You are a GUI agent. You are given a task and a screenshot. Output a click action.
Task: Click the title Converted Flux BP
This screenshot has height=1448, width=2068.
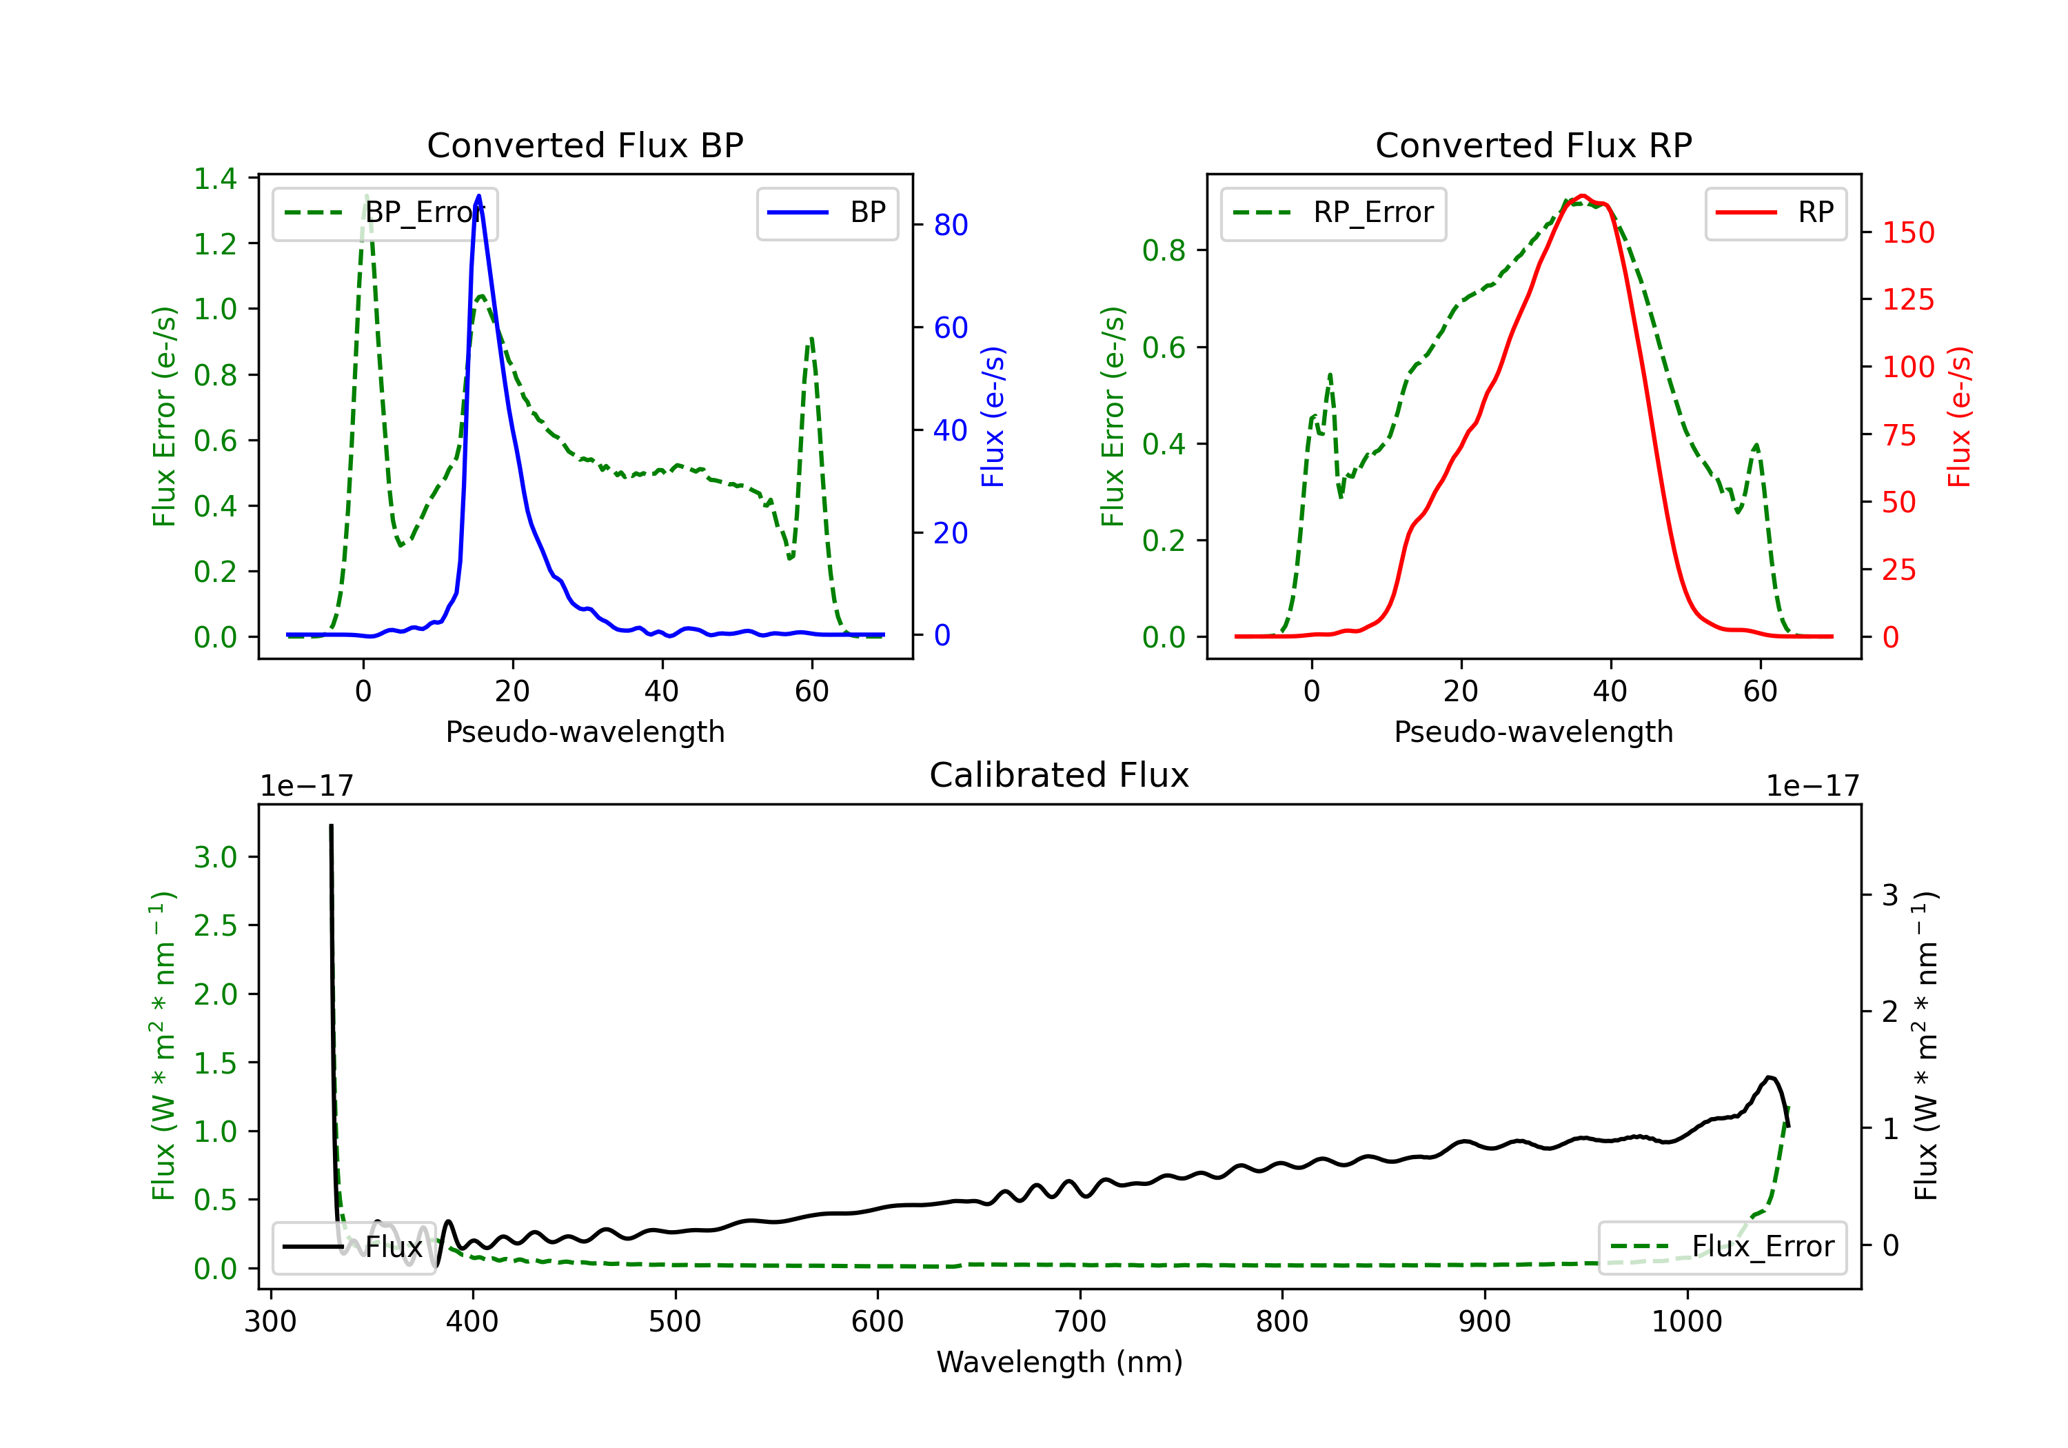pyautogui.click(x=585, y=145)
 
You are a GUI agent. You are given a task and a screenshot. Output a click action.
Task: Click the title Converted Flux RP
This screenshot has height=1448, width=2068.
pyautogui.click(x=1533, y=145)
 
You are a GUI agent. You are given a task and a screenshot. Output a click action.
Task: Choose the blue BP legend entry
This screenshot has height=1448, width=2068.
pyautogui.click(x=827, y=212)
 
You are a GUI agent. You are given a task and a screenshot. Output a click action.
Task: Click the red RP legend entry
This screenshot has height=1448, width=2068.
pyautogui.click(x=1775, y=212)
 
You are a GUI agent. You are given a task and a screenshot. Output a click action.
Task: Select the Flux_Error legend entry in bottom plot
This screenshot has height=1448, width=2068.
pyautogui.click(x=1722, y=1247)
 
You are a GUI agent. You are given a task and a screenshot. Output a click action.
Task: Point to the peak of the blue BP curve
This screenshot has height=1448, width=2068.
pyautogui.click(x=478, y=196)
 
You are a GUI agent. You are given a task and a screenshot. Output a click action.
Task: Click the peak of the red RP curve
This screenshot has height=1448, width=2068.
pyautogui.click(x=1581, y=196)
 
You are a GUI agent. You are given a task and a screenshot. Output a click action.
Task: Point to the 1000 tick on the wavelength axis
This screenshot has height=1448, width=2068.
pyautogui.click(x=1686, y=1322)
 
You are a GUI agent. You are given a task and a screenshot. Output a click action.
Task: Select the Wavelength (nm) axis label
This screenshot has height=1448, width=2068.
pyautogui.click(x=1060, y=1362)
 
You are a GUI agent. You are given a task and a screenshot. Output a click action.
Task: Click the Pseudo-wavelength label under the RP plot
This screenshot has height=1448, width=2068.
pyautogui.click(x=1533, y=732)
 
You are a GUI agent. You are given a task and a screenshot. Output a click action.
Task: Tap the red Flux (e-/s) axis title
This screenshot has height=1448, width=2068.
pyautogui.click(x=1959, y=416)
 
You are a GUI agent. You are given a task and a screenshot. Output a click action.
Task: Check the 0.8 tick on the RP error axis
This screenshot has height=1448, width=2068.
pyautogui.click(x=1164, y=250)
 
